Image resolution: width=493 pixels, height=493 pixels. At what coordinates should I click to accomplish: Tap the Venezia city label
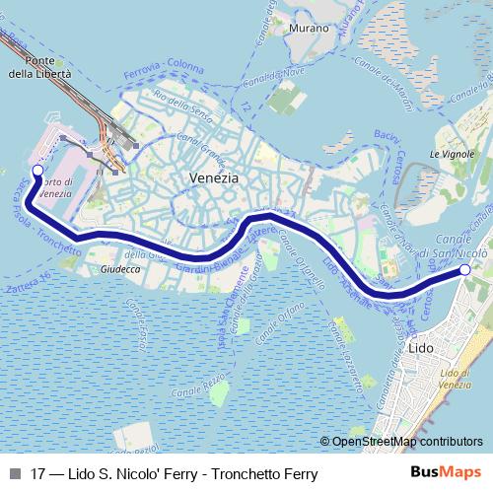pyautogui.click(x=213, y=178)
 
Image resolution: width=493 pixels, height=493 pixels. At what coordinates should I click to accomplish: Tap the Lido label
pyautogui.click(x=418, y=349)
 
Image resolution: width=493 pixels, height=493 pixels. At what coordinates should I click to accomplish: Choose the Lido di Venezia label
pyautogui.click(x=456, y=378)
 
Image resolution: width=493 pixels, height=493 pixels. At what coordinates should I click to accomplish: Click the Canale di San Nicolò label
pyautogui.click(x=460, y=235)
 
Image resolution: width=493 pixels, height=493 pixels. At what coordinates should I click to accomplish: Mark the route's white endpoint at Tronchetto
pyautogui.click(x=37, y=171)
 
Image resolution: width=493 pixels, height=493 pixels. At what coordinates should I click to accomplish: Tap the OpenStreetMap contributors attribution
pyautogui.click(x=407, y=442)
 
